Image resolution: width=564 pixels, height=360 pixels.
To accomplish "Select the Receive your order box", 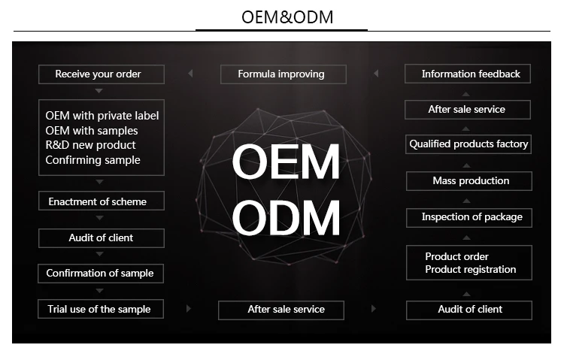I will [101, 74].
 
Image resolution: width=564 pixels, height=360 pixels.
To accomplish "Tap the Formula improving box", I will [283, 74].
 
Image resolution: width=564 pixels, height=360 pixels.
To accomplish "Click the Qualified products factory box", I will [469, 144].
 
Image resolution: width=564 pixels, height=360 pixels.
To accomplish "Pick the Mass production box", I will [469, 181].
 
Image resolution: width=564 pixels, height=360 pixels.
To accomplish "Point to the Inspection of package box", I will [469, 217].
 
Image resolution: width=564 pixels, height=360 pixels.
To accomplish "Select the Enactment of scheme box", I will [101, 201].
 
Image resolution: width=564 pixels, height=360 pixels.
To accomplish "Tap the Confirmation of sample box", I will [101, 273].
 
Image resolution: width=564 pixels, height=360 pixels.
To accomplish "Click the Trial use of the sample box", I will [101, 309].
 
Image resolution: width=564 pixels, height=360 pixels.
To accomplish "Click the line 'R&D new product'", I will [90, 145].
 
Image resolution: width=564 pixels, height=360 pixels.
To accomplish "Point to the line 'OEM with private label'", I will [102, 116].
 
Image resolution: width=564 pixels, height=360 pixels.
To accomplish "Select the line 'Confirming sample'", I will [92, 159].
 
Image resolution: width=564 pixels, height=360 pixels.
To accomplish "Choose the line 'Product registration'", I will [470, 270].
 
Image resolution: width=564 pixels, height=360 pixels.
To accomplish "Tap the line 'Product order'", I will [456, 256].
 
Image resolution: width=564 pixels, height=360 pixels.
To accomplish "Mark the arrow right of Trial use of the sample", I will [188, 309].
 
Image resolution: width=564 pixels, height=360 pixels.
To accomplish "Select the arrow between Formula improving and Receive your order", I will [190, 74].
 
